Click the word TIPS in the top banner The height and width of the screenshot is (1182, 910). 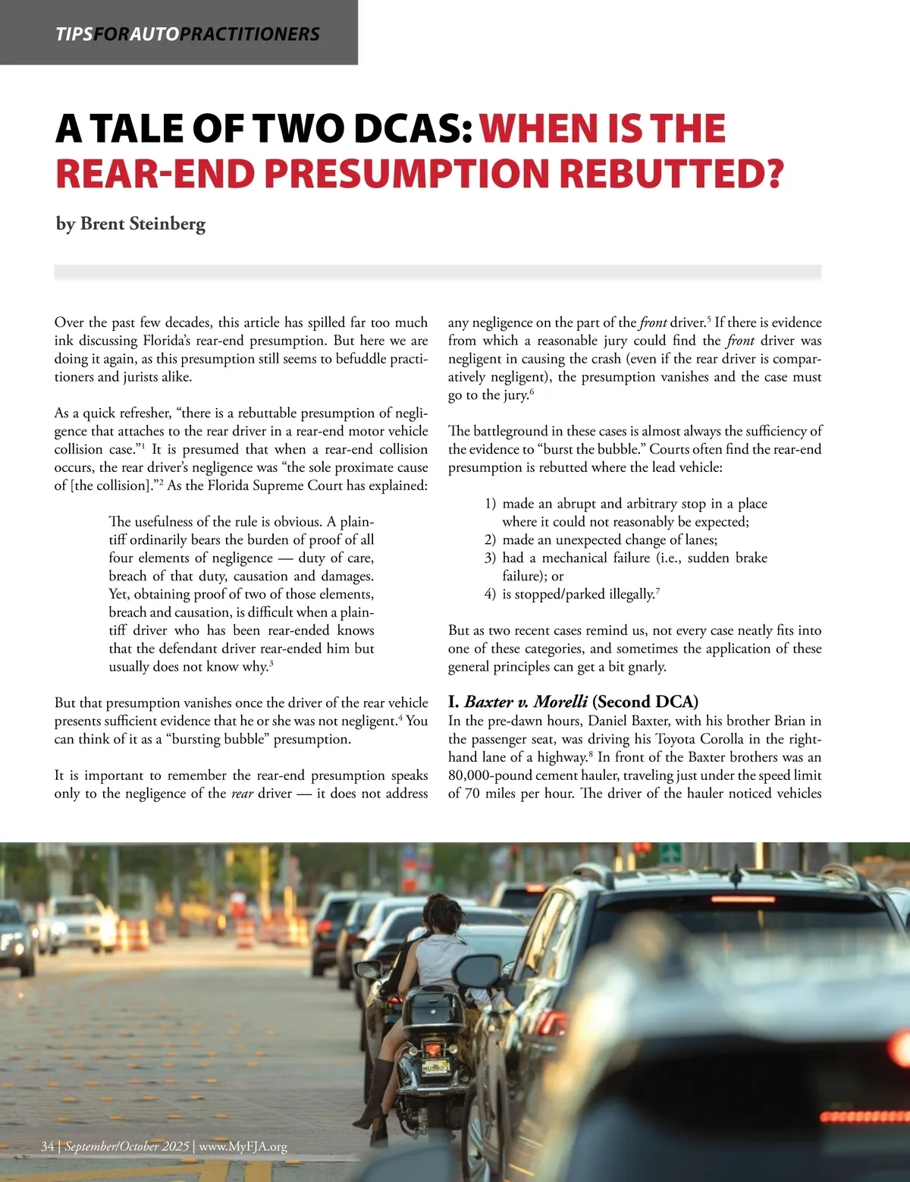(x=74, y=34)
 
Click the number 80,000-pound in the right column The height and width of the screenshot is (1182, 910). (x=488, y=775)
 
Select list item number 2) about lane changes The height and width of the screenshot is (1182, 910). (x=490, y=539)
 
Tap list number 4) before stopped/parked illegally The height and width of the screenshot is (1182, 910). (x=490, y=594)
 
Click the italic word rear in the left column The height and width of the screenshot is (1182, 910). (x=242, y=794)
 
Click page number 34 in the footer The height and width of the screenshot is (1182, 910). (x=48, y=1146)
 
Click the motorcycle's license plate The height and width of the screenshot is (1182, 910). (x=435, y=1067)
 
